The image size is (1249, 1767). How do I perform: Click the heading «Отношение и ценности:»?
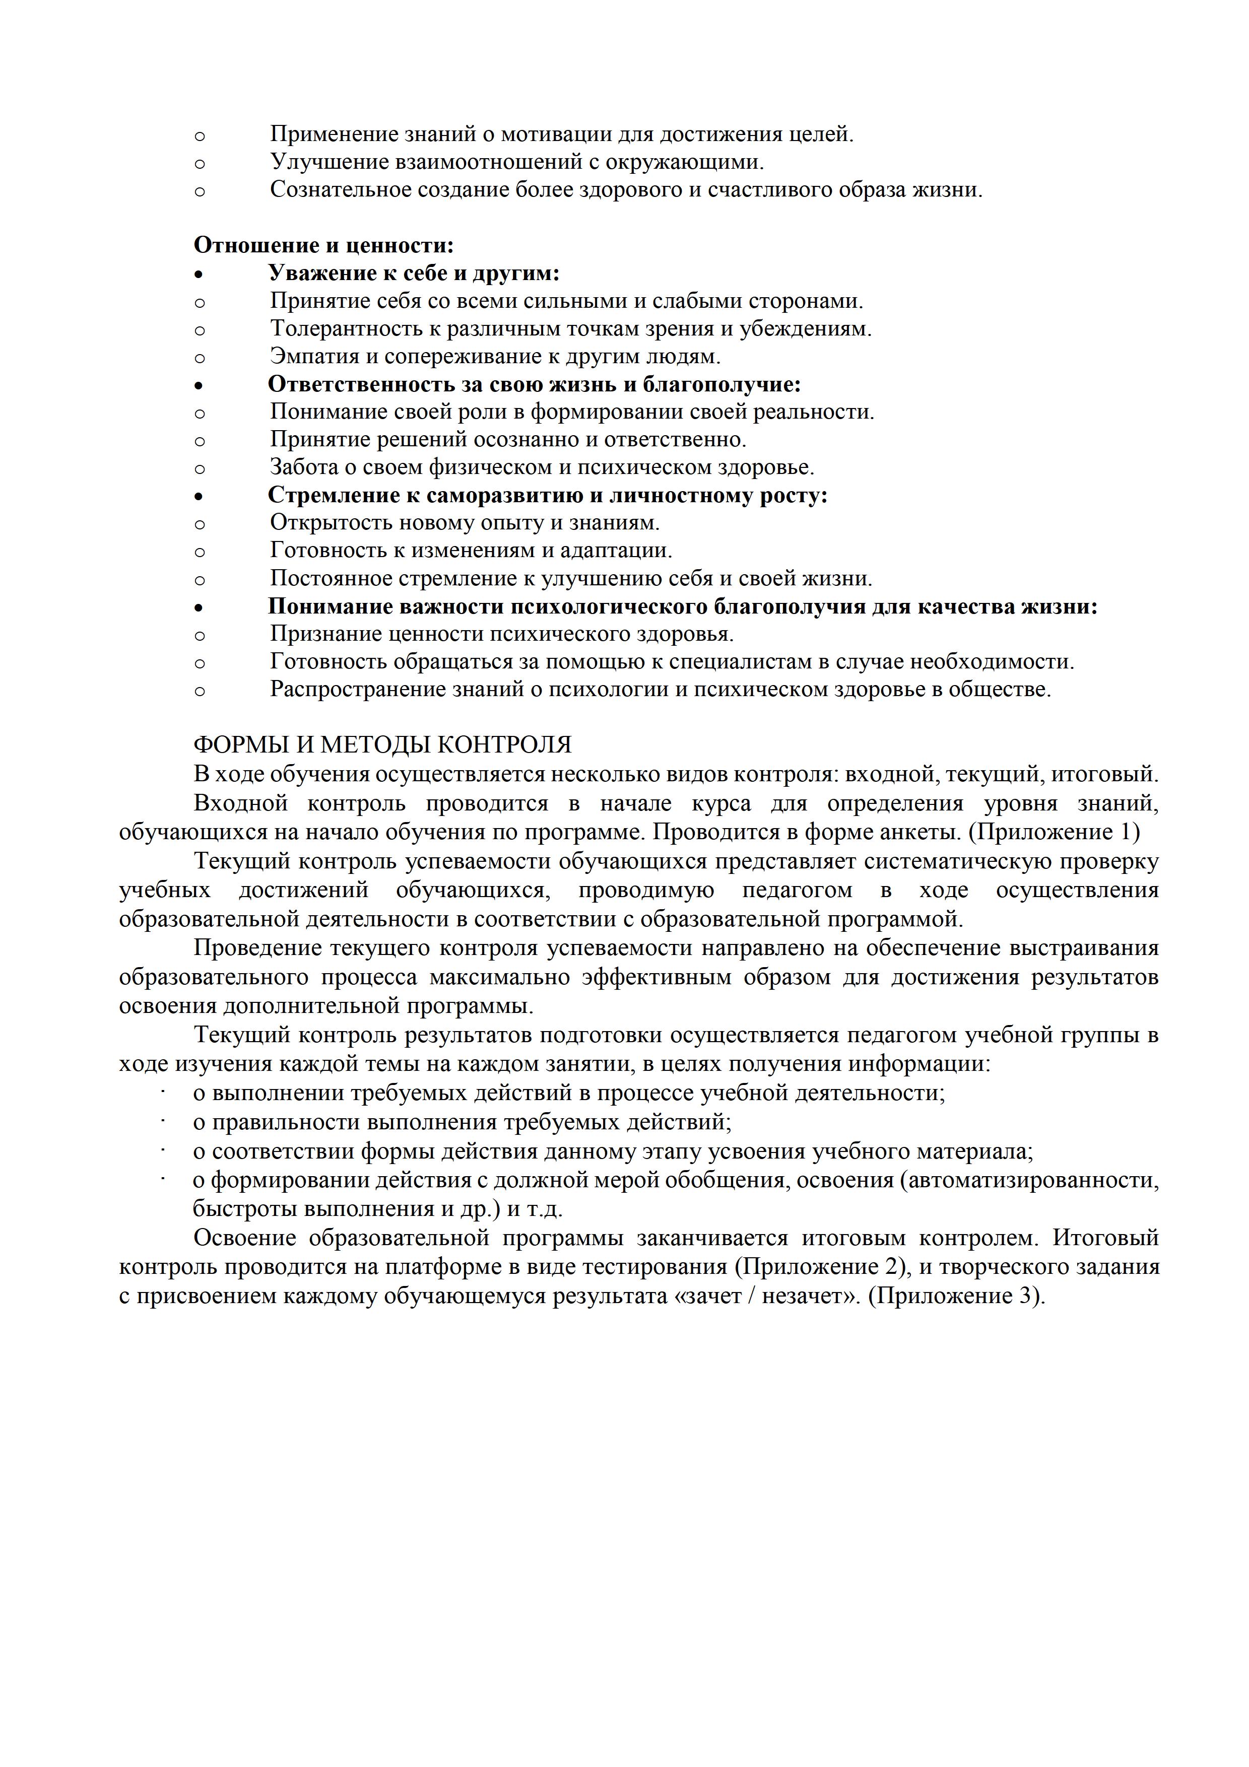pyautogui.click(x=323, y=245)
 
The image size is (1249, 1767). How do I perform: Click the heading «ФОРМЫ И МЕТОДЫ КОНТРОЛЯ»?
pyautogui.click(x=382, y=745)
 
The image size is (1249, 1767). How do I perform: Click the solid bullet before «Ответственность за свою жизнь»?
pyautogui.click(x=200, y=385)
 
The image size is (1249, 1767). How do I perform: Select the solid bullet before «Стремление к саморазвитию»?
pyautogui.click(x=200, y=496)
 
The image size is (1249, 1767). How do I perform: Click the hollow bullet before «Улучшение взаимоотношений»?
pyautogui.click(x=200, y=163)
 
